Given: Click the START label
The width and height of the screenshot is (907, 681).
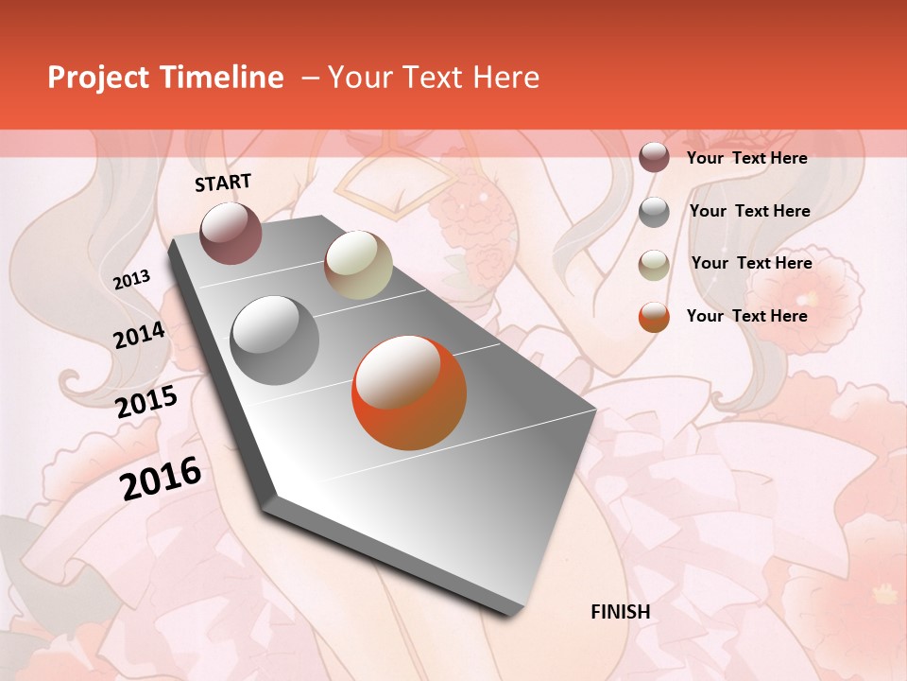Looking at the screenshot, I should (x=223, y=183).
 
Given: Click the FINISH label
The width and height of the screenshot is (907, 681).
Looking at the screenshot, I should (x=621, y=612).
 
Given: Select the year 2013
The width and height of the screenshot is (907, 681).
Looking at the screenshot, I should (x=131, y=280).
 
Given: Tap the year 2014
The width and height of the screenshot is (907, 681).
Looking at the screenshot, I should (x=139, y=336).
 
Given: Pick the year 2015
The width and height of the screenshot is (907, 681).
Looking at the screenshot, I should (x=146, y=402).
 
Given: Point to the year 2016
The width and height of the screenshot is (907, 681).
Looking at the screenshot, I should (x=161, y=479).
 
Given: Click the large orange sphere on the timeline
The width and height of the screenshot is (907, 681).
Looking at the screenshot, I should (x=409, y=393).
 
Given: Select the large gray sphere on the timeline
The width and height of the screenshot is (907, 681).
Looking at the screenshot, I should (x=274, y=340).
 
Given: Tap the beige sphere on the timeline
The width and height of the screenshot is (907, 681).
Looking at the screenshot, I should (x=358, y=265).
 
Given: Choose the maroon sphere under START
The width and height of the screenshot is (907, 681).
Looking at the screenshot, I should (x=231, y=233).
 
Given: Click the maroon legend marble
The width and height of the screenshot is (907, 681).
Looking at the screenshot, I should (x=654, y=158).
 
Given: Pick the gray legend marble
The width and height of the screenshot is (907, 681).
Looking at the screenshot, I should (x=654, y=212).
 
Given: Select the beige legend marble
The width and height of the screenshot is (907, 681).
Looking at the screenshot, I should (x=654, y=264).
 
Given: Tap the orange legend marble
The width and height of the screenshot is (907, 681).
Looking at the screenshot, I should (x=654, y=317).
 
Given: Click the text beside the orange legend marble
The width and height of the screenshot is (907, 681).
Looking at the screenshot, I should (x=747, y=316).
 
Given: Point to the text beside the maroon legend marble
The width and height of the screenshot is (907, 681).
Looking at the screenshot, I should (x=747, y=158).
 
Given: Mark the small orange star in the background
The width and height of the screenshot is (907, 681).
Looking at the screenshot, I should (x=885, y=593).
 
